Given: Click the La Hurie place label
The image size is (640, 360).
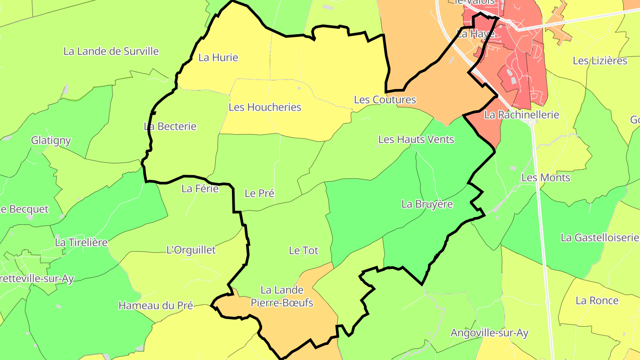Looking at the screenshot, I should point(218,57).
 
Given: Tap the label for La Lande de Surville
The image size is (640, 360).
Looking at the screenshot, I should point(111,51).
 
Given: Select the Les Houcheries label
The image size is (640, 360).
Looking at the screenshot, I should point(265,107).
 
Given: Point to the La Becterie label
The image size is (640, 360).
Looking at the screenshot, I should point(170,126).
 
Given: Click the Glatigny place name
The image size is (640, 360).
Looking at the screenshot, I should point(51,140).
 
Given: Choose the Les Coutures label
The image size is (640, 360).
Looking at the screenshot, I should point(385,100).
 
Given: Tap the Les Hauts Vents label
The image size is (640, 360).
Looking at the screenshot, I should point(416,140).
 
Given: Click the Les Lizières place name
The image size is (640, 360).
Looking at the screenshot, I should point(600,60).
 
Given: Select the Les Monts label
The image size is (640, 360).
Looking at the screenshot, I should point(546,178).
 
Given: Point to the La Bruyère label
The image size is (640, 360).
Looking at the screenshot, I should point(427,204).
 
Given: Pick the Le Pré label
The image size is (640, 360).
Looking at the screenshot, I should point(260,193).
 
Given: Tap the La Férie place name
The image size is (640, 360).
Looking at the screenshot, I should point(200,188).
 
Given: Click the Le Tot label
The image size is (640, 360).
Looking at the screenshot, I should point(304,250).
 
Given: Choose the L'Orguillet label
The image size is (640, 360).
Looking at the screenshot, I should point(191,250).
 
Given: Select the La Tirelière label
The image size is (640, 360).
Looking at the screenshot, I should point(81,243).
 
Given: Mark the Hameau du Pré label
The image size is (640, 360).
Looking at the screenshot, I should point(156,305).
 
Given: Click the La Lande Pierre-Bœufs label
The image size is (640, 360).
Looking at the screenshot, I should point(282,296).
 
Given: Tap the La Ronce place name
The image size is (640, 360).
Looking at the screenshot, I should point(597,300).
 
